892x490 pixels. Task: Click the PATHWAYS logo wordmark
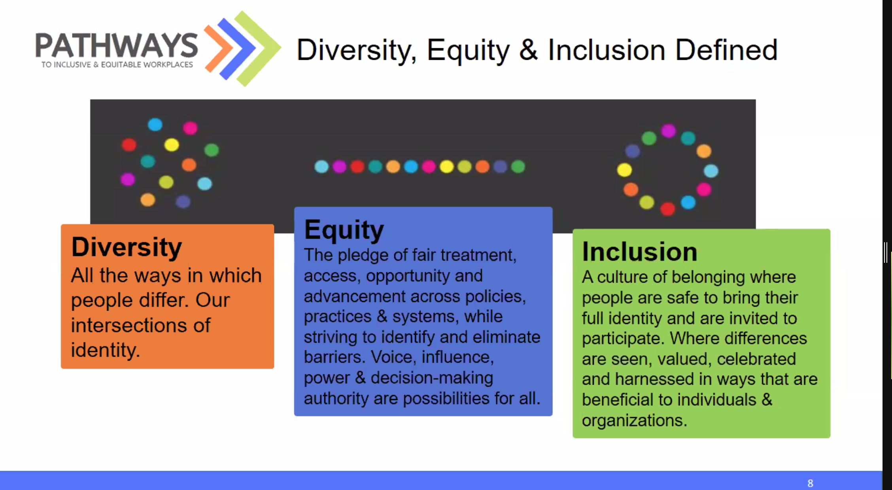pos(117,46)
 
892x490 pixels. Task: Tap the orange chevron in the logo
pos(219,49)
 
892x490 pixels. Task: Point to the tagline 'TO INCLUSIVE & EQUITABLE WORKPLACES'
pos(117,65)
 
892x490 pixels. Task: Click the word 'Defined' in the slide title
pos(726,50)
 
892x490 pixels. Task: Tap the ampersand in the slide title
pos(528,50)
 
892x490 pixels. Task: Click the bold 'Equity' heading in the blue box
pos(344,230)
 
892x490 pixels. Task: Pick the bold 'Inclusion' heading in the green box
pos(640,252)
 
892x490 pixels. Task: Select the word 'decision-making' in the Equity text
pos(432,378)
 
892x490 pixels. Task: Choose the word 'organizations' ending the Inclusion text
pos(634,421)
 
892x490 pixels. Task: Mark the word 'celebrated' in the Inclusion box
pos(756,359)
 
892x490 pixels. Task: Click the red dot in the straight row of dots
pos(357,167)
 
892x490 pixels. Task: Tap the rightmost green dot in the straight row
pos(518,167)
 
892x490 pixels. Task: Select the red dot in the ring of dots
pos(668,209)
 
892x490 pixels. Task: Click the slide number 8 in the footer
pos(810,483)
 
